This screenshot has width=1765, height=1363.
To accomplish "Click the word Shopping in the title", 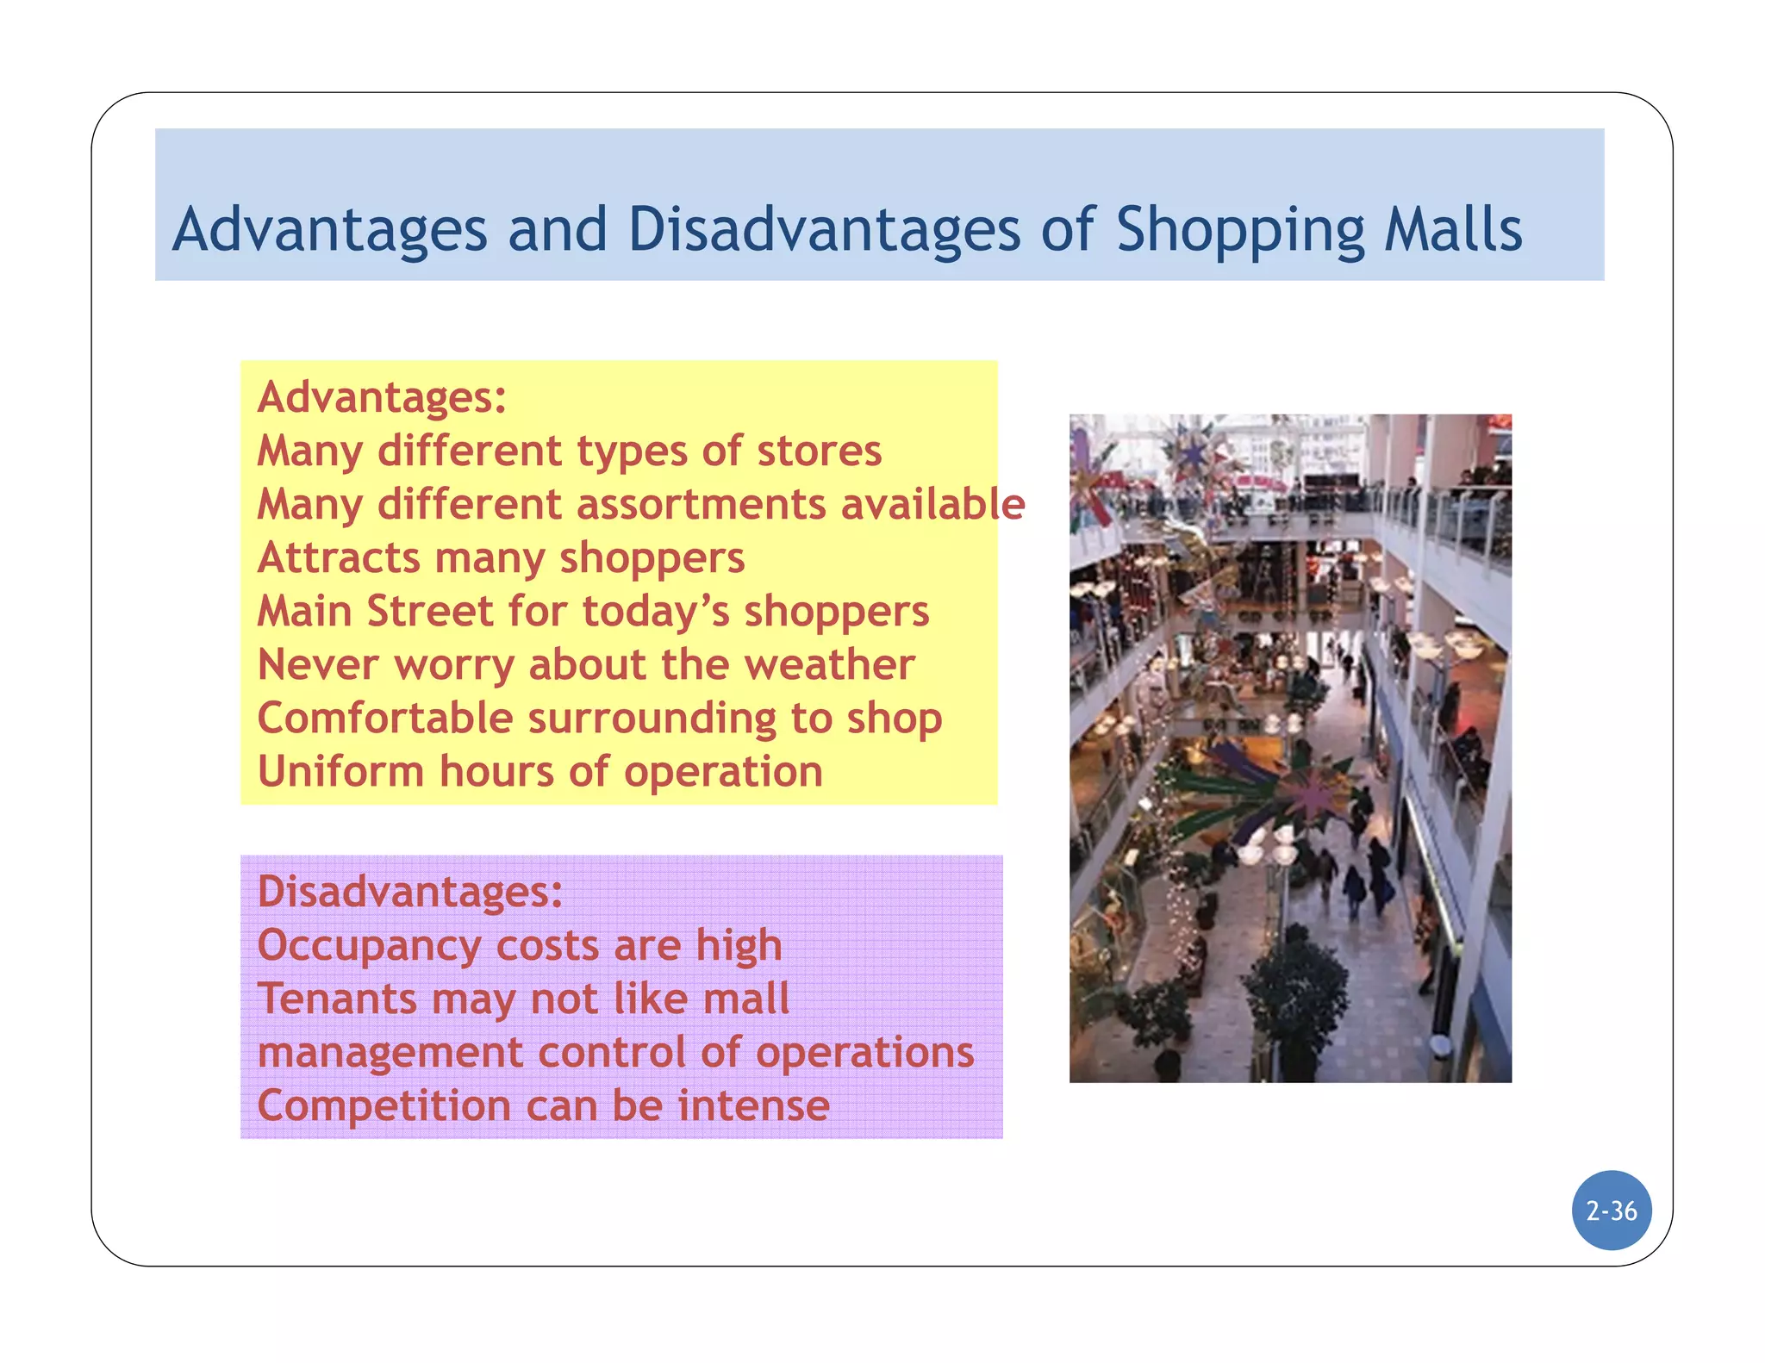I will pos(1239,231).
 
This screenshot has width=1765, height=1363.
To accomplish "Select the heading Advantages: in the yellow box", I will pos(382,397).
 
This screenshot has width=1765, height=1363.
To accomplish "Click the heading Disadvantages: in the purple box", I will pos(410,891).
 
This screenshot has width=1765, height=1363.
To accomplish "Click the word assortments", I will pos(701,505).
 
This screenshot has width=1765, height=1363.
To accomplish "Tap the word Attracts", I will pos(338,558).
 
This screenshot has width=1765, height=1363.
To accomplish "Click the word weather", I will pos(829,665).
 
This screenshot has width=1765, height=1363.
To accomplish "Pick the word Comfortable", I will pos(385,719).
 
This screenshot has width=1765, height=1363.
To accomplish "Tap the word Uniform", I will pos(340,772).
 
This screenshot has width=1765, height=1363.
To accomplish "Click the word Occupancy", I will pos(369,946).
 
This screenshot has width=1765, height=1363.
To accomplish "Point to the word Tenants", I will pos(337,999).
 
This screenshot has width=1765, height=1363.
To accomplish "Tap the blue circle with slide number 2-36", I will pos(1611,1211).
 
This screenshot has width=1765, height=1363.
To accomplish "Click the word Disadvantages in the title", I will pos(824,231).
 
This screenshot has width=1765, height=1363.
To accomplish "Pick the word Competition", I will pos(384,1106).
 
